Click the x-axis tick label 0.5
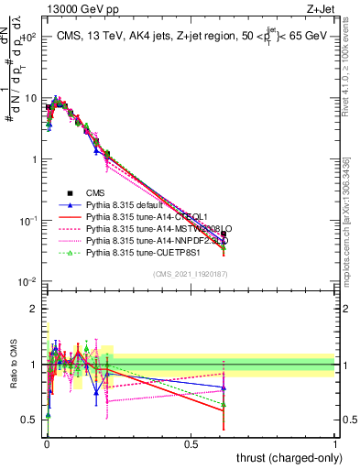[x=191, y=443]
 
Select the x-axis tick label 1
[x=336, y=443]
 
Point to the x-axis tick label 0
[x=47, y=443]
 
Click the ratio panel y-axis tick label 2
[x=34, y=309]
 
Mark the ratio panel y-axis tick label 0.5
[x=30, y=420]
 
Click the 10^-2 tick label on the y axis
[x=27, y=282]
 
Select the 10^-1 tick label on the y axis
[x=27, y=221]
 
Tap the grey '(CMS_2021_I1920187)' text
[x=191, y=274]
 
